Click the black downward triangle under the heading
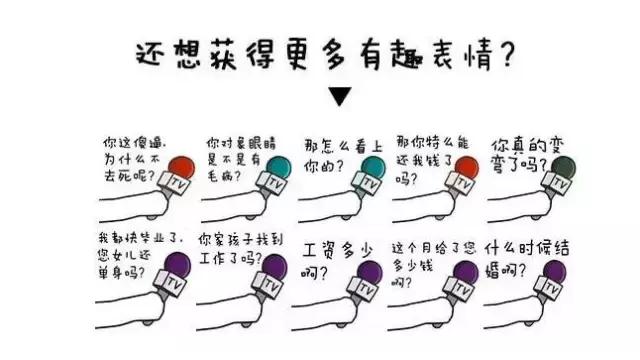point(340,97)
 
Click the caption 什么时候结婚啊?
point(523,255)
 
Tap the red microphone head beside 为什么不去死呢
point(179,166)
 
